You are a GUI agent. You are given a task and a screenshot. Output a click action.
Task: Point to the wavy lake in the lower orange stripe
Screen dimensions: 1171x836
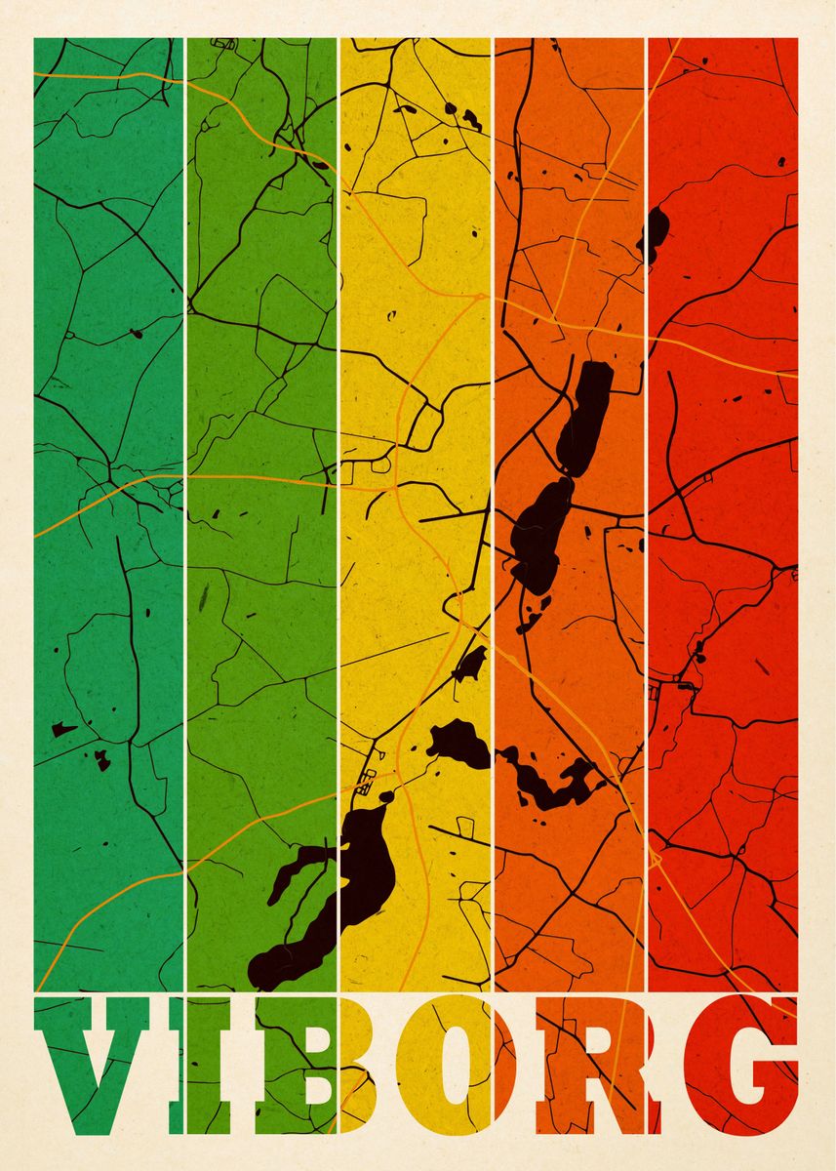tap(551, 781)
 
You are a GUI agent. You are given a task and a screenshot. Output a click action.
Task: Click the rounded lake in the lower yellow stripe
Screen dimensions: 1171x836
tap(458, 744)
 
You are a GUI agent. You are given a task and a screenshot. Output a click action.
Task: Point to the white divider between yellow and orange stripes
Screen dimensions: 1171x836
tap(493, 293)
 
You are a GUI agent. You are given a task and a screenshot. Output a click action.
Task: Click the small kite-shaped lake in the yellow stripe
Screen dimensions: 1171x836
tap(470, 665)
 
